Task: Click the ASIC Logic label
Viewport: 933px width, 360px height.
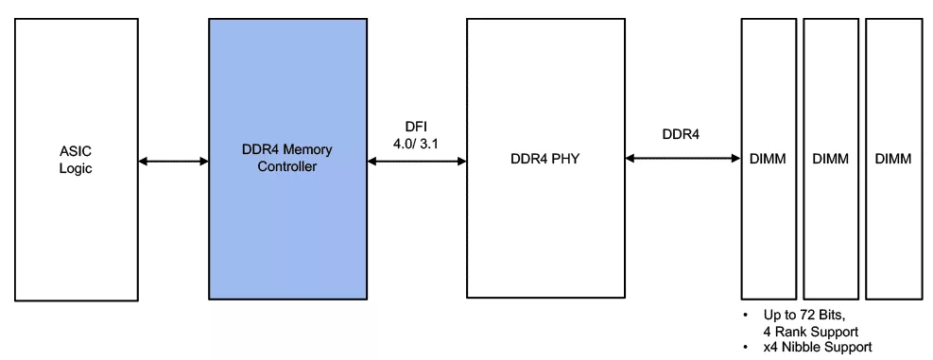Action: [x=76, y=160]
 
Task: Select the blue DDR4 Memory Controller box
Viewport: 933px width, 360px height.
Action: [x=288, y=159]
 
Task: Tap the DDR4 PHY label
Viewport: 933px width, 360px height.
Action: [x=545, y=159]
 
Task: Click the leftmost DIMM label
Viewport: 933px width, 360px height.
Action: [x=767, y=159]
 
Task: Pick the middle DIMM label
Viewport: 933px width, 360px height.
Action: [x=831, y=159]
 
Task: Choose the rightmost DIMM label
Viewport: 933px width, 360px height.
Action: [x=893, y=159]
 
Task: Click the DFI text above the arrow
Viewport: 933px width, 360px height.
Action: [x=416, y=127]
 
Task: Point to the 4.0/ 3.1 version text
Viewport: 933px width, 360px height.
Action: [x=416, y=144]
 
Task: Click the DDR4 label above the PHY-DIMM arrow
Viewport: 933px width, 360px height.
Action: [x=681, y=134]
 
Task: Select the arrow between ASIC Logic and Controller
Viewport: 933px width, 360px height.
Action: [x=173, y=162]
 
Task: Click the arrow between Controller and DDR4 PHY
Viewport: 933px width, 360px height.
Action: [x=417, y=162]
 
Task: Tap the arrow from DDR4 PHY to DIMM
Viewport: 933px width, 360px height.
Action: [x=682, y=159]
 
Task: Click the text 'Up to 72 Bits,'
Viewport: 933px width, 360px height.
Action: [x=803, y=315]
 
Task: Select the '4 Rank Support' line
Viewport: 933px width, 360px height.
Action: [x=810, y=332]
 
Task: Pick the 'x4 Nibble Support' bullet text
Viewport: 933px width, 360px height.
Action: [x=818, y=347]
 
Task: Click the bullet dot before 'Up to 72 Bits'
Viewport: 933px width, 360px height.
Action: [x=746, y=315]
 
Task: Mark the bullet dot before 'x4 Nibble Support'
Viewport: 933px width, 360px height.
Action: [x=746, y=347]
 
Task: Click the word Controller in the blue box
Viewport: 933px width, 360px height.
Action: [x=286, y=166]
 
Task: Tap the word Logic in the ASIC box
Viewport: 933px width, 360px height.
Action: [x=76, y=168]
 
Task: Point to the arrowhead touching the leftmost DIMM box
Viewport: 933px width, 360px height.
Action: [x=736, y=159]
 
